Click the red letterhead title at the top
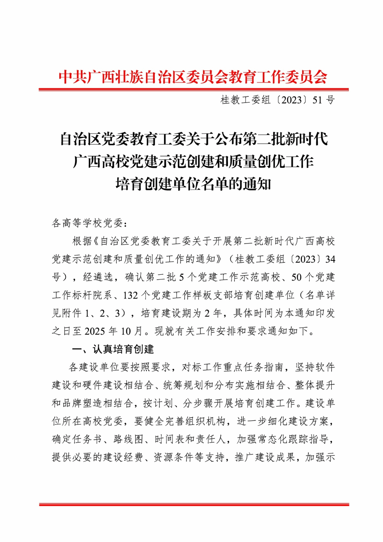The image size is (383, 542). click(193, 77)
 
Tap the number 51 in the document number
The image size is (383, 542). click(317, 100)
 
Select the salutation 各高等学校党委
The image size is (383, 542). click(87, 223)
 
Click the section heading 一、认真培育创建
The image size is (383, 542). click(113, 349)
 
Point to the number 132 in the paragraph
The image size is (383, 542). click(130, 295)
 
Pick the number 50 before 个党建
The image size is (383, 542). click(297, 277)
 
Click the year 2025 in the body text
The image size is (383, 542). click(95, 331)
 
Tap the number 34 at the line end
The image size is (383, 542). click(330, 260)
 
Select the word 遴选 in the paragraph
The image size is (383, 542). click(98, 277)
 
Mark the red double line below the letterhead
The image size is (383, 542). click(193, 89)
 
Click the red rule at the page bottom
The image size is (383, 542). click(194, 505)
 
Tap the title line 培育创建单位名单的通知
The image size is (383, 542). click(193, 184)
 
